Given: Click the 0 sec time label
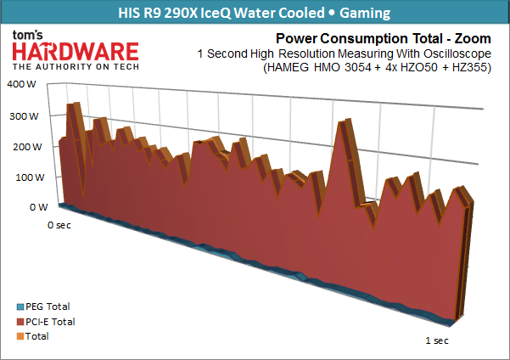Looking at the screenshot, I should [x=59, y=225].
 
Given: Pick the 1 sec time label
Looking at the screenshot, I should [x=435, y=340].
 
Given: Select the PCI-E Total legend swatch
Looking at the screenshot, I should [x=21, y=322].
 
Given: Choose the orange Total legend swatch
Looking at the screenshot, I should [x=21, y=336].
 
